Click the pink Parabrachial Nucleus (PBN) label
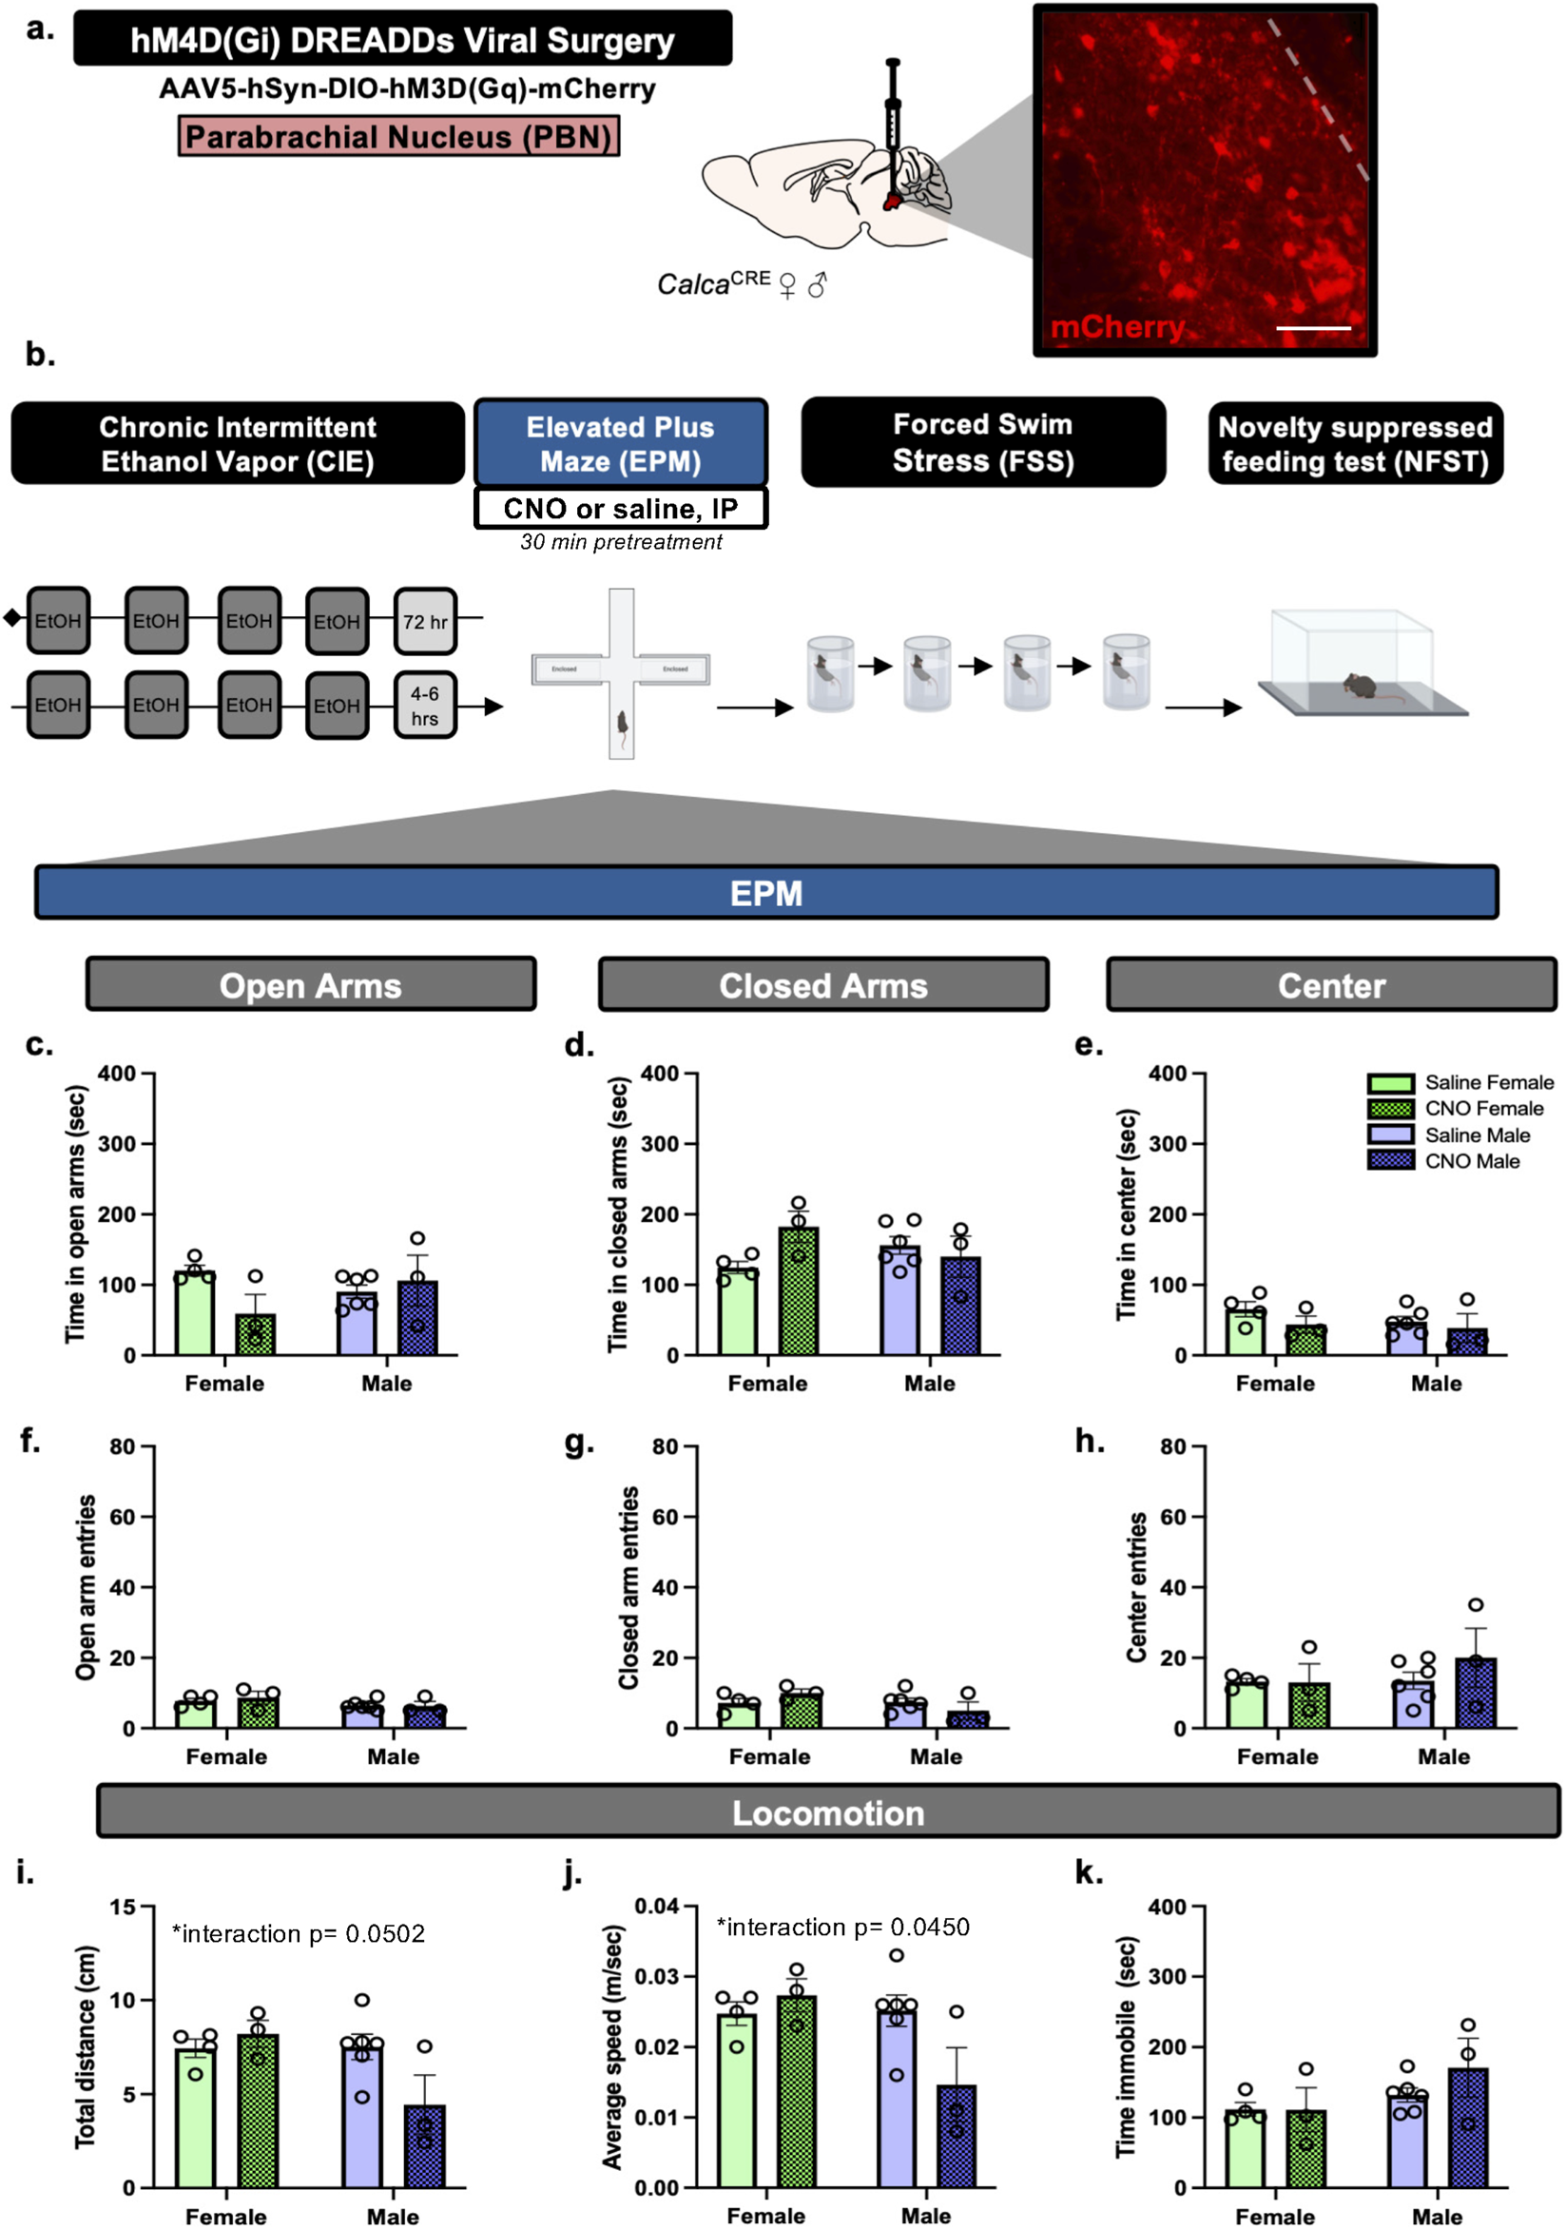[398, 137]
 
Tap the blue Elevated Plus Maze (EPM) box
[620, 444]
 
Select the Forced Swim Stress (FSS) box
[982, 442]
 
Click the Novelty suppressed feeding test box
[1354, 444]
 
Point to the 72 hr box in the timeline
[425, 621]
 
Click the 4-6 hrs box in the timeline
[425, 706]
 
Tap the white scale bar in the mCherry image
[1312, 328]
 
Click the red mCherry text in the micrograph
[1116, 327]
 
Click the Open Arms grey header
[311, 984]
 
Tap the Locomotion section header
[827, 1812]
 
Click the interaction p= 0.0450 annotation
[842, 1927]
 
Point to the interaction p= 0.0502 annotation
[298, 1934]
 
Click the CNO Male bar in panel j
[957, 2136]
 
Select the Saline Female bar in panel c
[194, 1312]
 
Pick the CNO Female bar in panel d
[798, 1291]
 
